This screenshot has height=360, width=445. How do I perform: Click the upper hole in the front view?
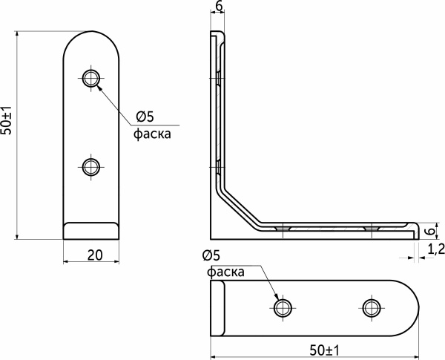(x=91, y=78)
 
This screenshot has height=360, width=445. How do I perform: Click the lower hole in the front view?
(x=91, y=166)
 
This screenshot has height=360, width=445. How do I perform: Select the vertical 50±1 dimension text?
(x=7, y=120)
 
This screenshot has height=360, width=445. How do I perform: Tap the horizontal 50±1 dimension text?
(x=322, y=349)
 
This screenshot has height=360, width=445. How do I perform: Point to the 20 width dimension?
(x=94, y=255)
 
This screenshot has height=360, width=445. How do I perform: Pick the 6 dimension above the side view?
(x=218, y=7)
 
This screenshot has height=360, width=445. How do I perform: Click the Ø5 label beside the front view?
(x=144, y=117)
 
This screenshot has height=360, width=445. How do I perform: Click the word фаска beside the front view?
(x=151, y=134)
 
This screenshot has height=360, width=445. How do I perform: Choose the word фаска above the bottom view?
(x=226, y=272)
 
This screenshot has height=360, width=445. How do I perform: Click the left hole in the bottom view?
(x=282, y=307)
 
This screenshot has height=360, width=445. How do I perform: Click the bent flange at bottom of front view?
(x=91, y=230)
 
